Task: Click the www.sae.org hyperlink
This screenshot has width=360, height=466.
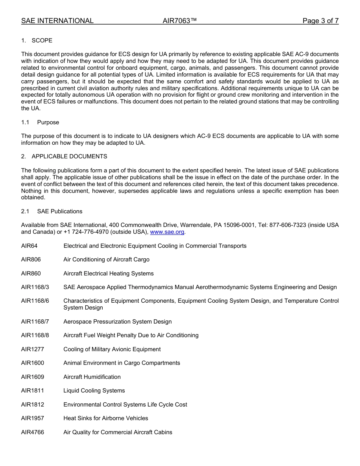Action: click(167, 232)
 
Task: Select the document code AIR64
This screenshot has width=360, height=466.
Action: click(30, 246)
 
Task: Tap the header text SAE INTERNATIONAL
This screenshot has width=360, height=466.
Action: click(57, 21)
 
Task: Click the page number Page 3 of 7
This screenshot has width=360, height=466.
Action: click(320, 21)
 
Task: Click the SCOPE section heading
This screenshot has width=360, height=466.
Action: click(42, 41)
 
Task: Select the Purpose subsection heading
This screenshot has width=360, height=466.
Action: click(48, 122)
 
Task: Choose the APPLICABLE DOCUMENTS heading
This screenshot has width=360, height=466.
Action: click(69, 156)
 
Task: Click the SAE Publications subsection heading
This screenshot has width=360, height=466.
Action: click(59, 211)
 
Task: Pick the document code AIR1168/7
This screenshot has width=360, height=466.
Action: click(35, 322)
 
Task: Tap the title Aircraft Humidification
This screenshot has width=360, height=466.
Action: click(92, 377)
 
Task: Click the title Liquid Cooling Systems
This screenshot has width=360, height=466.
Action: click(94, 391)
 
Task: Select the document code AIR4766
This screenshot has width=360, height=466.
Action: click(33, 432)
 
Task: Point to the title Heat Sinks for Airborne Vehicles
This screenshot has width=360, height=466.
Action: click(106, 418)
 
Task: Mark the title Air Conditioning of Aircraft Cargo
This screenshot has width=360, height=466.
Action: click(106, 260)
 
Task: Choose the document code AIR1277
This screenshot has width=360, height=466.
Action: click(33, 349)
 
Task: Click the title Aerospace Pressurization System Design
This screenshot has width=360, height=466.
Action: click(117, 322)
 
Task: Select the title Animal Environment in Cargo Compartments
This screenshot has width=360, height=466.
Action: click(122, 363)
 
